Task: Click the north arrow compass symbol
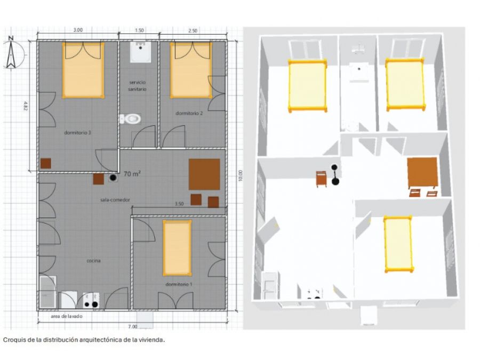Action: point(12,53)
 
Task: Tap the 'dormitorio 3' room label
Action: point(77,133)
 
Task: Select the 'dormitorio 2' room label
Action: point(189,113)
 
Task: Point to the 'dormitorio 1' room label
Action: point(179,284)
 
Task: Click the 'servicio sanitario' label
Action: point(138,86)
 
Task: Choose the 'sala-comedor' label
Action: point(115,200)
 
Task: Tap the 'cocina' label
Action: point(93,261)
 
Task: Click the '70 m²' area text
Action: point(132,174)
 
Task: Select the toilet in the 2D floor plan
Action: point(130,119)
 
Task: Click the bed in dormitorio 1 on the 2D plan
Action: point(177,248)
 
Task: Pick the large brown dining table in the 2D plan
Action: point(204,174)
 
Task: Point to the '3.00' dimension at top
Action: point(78,30)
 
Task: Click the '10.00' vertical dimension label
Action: point(241,175)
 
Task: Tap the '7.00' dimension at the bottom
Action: point(133,326)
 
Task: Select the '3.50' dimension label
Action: point(179,204)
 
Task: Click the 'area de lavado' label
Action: point(67,316)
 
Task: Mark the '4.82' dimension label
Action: point(26,106)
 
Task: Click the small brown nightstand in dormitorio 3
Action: point(46,163)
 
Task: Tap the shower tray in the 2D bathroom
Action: point(140,52)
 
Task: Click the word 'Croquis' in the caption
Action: point(12,340)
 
